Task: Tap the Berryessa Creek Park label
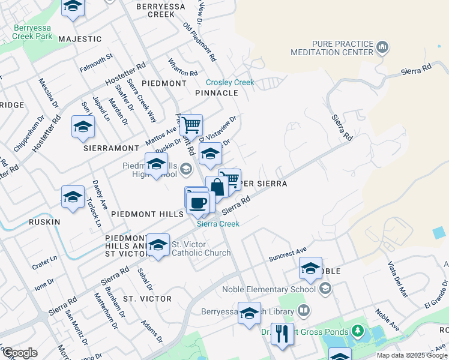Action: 34,32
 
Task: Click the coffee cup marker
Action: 197,202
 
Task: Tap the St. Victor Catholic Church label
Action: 201,248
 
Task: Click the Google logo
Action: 20,353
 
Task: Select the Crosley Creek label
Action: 230,82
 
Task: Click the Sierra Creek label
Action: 218,224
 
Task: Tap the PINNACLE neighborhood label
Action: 217,93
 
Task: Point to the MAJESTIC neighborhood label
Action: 80,39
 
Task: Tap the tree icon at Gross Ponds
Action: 358,330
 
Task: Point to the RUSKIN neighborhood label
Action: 44,221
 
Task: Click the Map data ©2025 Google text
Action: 412,355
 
